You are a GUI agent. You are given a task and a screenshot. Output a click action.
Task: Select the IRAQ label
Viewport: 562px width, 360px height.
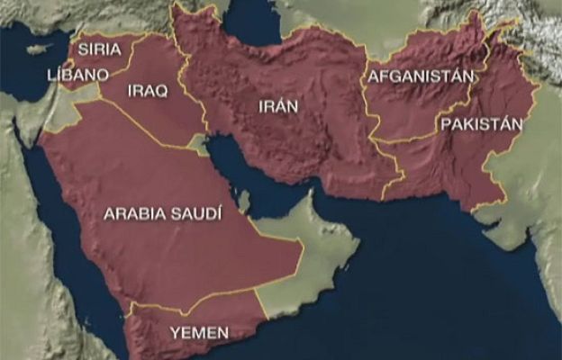tap(148, 91)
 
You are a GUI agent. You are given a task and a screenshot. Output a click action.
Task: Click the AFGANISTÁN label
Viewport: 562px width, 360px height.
tap(419, 76)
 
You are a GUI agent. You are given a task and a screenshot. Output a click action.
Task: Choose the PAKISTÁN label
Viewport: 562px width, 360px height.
tap(482, 123)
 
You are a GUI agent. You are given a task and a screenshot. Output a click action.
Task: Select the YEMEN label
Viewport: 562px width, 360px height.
tap(199, 332)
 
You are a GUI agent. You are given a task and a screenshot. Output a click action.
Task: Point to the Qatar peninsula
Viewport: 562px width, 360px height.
tap(243, 200)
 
